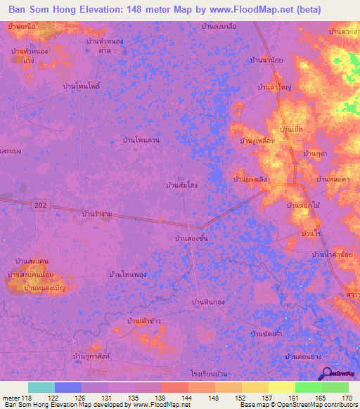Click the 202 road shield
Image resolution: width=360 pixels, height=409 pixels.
(x=40, y=204)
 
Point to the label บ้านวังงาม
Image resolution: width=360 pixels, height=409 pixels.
(x=98, y=213)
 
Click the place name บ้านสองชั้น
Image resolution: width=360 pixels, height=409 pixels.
(x=191, y=239)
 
